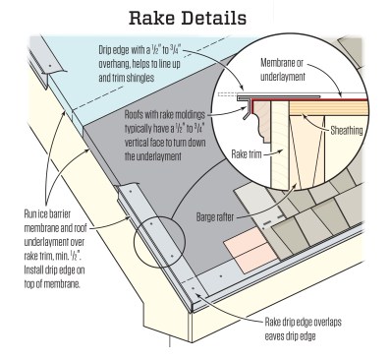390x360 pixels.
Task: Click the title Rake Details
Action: (x=188, y=19)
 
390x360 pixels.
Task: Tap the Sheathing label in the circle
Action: (x=347, y=131)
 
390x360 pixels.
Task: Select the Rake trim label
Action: (x=247, y=154)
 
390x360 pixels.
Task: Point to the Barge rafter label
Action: (x=215, y=217)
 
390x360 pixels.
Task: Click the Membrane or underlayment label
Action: (x=282, y=70)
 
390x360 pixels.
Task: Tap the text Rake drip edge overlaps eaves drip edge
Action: (x=303, y=329)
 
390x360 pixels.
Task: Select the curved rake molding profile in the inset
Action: (x=262, y=121)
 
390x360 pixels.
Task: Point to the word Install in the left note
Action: (x=34, y=270)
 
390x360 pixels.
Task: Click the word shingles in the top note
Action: (x=139, y=78)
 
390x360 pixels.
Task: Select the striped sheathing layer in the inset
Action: (x=328, y=107)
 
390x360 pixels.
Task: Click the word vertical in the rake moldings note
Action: (x=136, y=143)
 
